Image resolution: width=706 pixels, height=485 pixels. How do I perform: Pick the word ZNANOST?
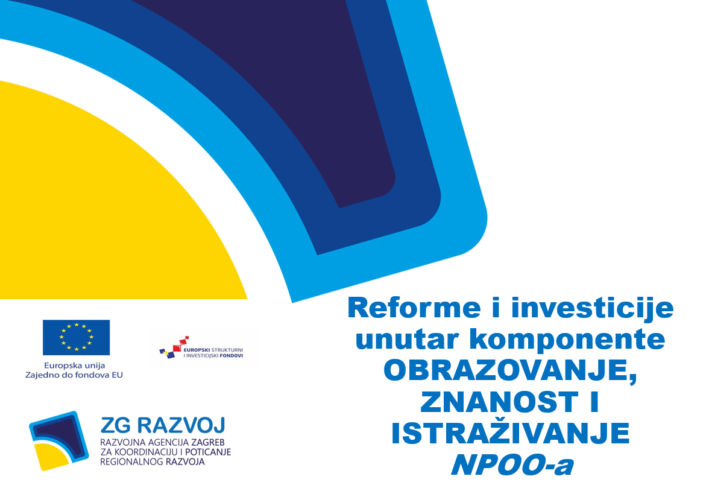[499, 402]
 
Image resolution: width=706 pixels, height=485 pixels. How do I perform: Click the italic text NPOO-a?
[512, 464]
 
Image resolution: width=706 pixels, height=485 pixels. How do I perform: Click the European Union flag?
[76, 337]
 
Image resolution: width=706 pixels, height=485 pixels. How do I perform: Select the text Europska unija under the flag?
[74, 366]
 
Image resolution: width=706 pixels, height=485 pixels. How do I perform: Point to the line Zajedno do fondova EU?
[74, 375]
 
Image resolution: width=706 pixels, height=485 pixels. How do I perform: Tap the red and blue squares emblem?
[174, 347]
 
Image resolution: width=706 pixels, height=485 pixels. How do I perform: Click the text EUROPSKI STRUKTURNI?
[213, 349]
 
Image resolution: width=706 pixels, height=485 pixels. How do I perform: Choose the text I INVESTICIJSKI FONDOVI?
[213, 356]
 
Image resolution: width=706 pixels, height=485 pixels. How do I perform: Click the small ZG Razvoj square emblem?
[58, 441]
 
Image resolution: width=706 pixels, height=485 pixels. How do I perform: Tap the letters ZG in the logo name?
[116, 425]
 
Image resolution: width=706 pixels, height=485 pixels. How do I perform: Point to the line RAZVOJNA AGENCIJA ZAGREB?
[162, 443]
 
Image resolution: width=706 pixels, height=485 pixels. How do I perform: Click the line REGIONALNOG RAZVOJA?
[152, 461]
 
